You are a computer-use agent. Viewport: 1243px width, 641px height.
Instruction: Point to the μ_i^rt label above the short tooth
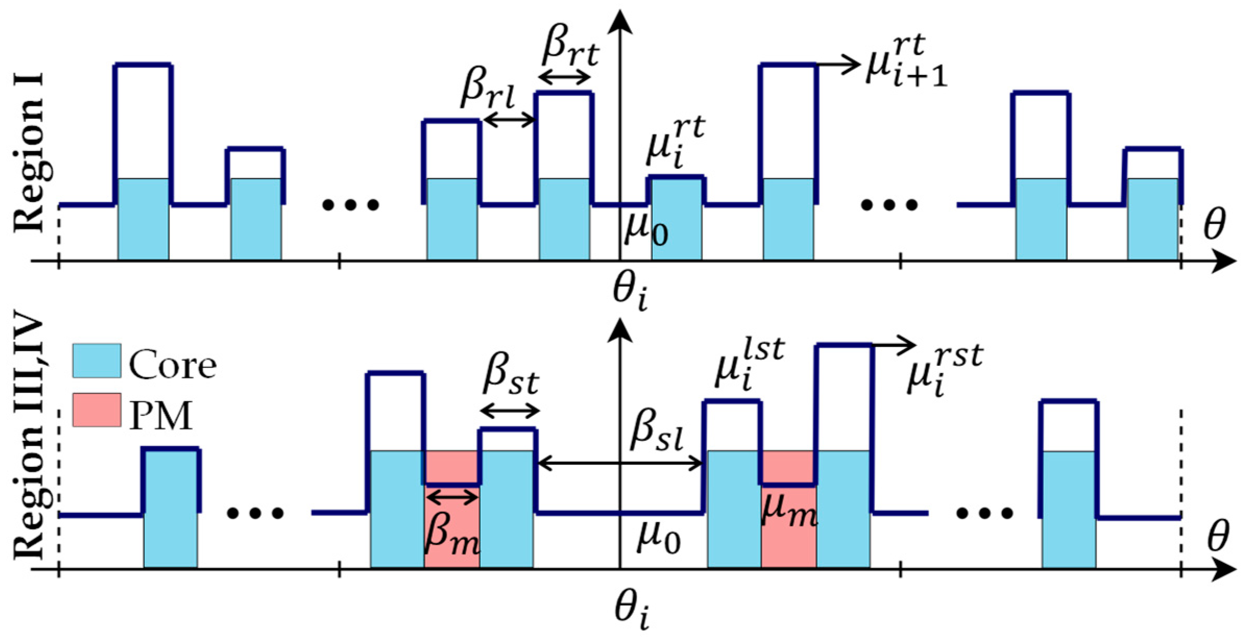(676, 142)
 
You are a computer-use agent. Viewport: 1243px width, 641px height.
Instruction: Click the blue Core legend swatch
(96, 360)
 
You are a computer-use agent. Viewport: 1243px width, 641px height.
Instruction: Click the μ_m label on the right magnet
(789, 510)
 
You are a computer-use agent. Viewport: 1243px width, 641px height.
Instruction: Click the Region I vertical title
(30, 154)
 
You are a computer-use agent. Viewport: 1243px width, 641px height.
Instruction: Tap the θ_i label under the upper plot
(630, 293)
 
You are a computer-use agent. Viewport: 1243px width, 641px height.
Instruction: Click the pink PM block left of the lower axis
(452, 526)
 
